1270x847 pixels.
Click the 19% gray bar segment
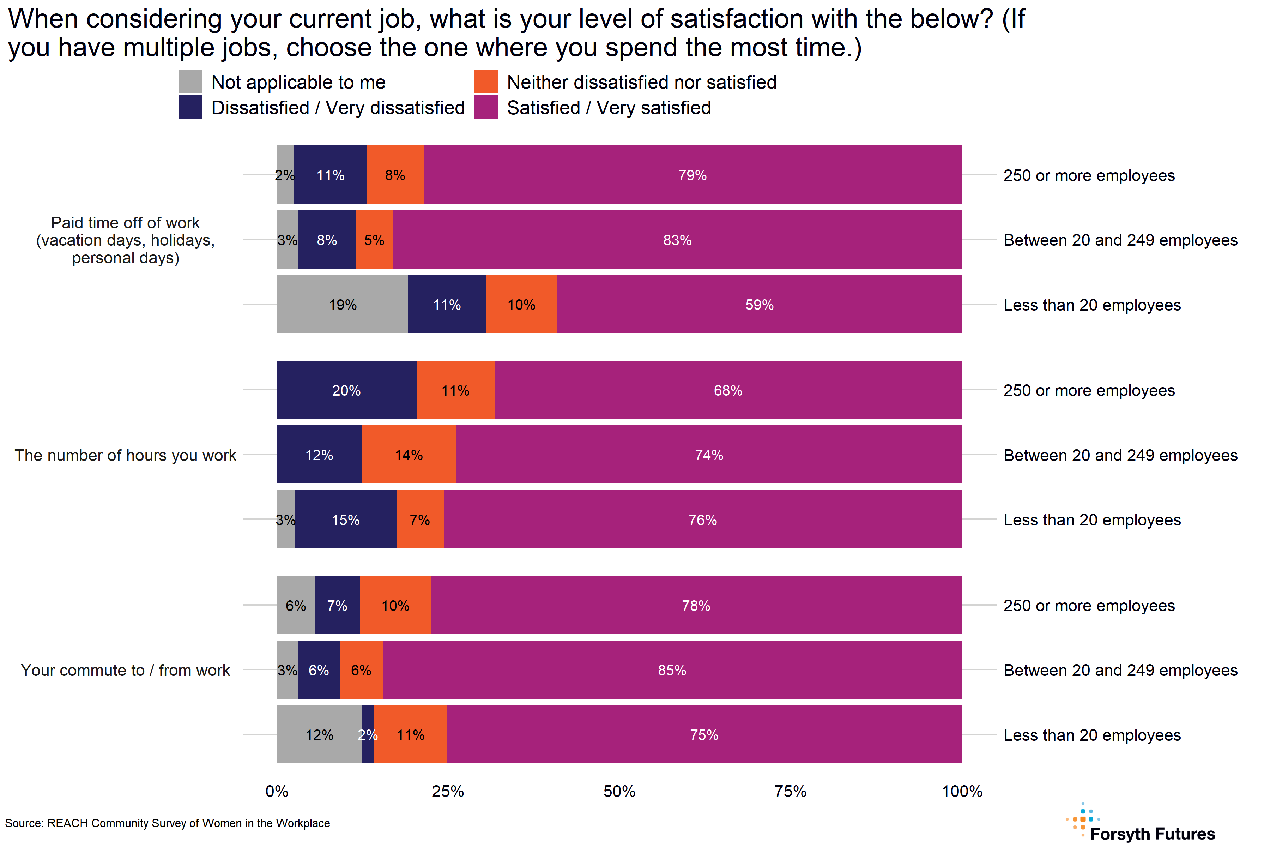click(342, 304)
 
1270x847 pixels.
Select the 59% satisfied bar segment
click(759, 304)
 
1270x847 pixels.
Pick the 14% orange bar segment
click(409, 455)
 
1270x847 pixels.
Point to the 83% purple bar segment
click(677, 239)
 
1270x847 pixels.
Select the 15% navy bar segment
click(346, 519)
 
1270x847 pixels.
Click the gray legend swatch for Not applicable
click(190, 82)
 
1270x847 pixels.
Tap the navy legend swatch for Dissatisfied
click(190, 107)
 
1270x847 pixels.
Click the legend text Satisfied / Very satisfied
click(609, 108)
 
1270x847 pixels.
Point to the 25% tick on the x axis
click(448, 791)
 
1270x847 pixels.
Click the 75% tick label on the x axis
click(791, 791)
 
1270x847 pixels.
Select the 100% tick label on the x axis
click(962, 791)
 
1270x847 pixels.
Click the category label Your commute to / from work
click(125, 670)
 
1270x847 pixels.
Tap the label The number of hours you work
click(125, 455)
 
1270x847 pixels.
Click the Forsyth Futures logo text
click(1152, 834)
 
